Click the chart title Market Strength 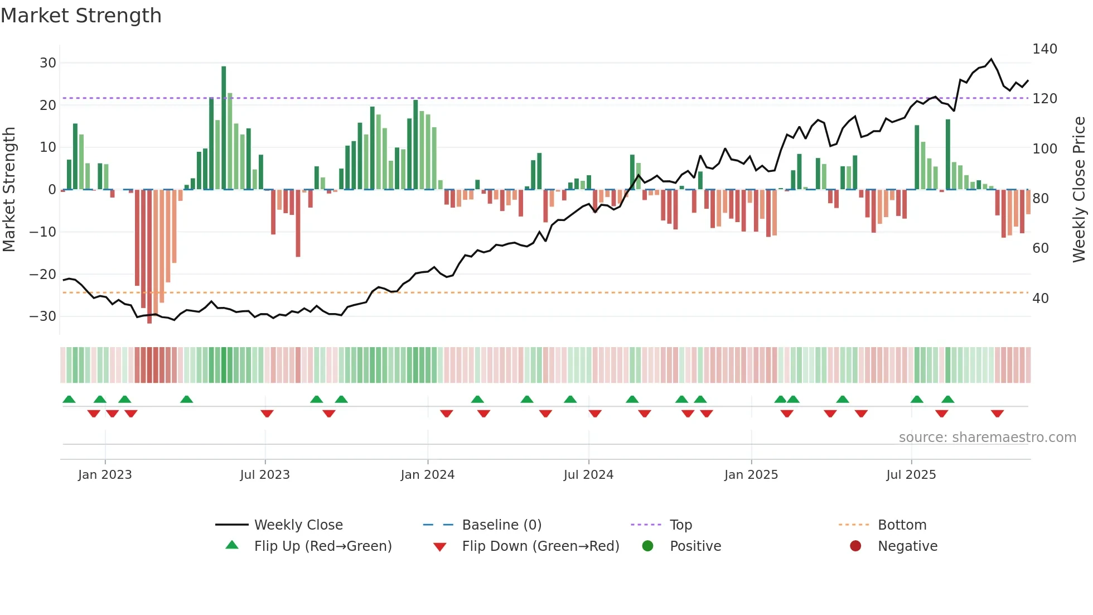81,16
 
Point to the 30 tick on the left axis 47,63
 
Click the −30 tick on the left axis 43,316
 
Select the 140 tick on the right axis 1044,49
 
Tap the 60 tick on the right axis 1040,248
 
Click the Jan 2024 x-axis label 427,475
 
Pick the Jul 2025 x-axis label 911,475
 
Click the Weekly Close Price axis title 1079,190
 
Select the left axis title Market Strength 9,190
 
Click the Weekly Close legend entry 298,525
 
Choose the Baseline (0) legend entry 501,525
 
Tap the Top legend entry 680,525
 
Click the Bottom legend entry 902,525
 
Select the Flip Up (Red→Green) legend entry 322,546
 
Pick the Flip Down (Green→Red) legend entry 540,546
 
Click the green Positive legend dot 647,546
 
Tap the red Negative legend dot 855,546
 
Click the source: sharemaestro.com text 987,438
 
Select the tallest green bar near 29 224,128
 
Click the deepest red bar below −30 149,257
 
